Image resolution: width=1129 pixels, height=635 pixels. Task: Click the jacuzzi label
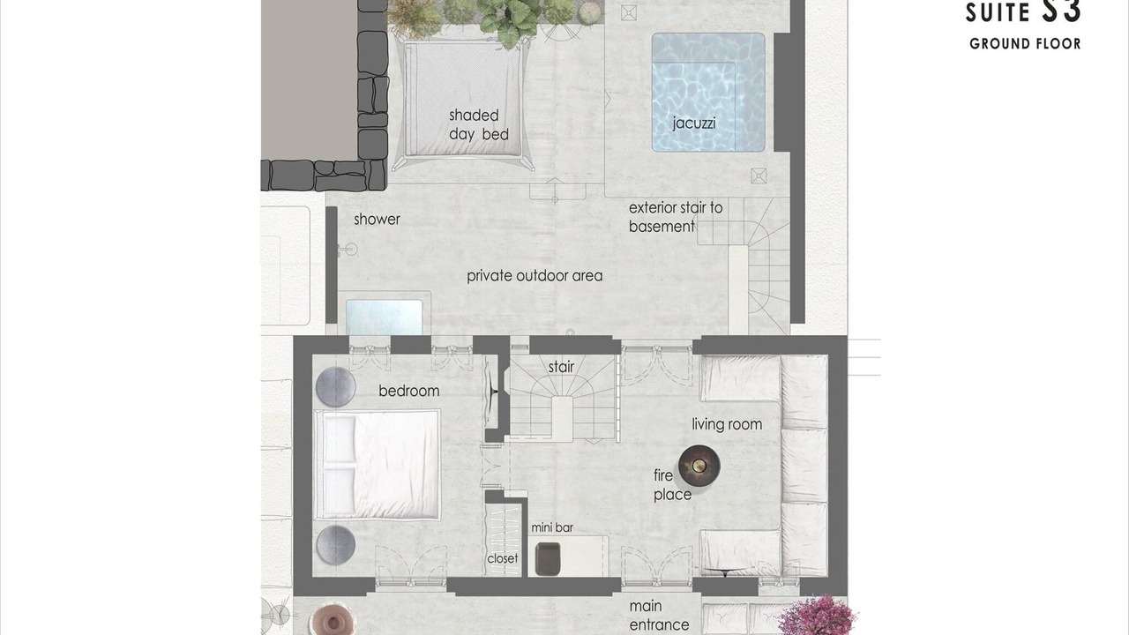click(x=694, y=123)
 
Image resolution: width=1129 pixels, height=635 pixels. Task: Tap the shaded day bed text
click(x=478, y=125)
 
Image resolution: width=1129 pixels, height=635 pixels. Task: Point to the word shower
click(x=377, y=220)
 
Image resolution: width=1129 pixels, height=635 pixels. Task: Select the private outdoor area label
click(x=535, y=276)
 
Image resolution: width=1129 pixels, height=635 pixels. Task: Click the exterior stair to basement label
click(x=676, y=217)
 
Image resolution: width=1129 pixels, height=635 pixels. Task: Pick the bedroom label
click(x=408, y=391)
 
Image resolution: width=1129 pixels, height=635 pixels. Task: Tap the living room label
click(x=727, y=424)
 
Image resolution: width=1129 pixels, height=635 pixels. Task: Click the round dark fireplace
click(x=699, y=465)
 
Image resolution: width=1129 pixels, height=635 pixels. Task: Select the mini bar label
click(x=552, y=527)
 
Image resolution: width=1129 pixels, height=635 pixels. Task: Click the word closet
click(x=503, y=558)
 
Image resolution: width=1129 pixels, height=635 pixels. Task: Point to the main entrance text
click(x=659, y=616)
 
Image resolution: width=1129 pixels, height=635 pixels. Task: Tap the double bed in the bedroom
click(x=377, y=465)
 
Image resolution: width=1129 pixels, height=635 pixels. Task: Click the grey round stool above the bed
click(x=336, y=387)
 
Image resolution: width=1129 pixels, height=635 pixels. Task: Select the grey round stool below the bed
click(x=336, y=545)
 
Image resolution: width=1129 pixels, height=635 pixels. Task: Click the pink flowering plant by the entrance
click(x=816, y=616)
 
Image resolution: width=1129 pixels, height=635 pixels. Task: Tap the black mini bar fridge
click(x=548, y=558)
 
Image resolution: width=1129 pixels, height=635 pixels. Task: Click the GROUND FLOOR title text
click(x=1025, y=44)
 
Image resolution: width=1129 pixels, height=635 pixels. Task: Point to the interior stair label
click(x=562, y=367)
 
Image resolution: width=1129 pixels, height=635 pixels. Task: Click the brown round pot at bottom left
click(x=333, y=620)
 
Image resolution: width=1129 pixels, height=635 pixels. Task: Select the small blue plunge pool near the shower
click(x=384, y=317)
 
